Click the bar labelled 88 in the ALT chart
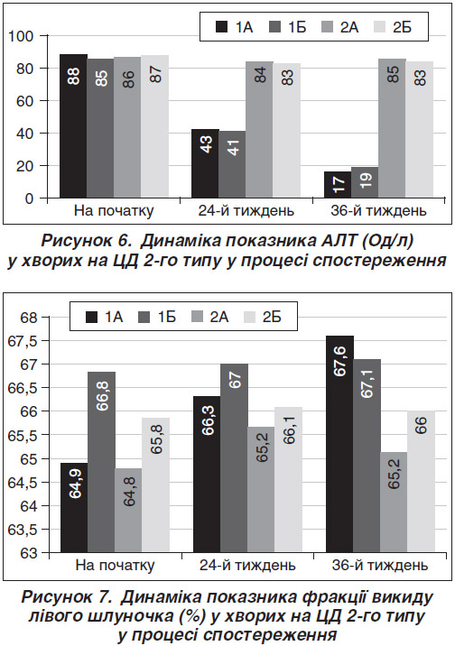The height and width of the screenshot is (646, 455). click(73, 126)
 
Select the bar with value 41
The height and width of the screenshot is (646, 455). click(232, 164)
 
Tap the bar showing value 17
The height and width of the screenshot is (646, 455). click(338, 185)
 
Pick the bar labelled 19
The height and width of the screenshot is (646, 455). click(365, 182)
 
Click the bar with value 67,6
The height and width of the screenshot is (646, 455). click(339, 444)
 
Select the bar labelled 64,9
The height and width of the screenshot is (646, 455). click(74, 508)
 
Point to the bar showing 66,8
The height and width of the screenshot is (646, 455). click(101, 462)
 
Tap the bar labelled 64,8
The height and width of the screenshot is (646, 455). click(128, 511)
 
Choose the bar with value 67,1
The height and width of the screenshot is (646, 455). click(367, 456)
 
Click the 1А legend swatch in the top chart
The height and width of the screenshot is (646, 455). click(222, 27)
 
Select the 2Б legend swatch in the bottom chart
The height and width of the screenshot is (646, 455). click(250, 318)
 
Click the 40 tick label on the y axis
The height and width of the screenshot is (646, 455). click(24, 133)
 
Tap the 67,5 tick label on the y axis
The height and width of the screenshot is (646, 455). click(23, 341)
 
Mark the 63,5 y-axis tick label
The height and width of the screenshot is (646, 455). click(23, 530)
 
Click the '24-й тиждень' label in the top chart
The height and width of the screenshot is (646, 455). click(246, 211)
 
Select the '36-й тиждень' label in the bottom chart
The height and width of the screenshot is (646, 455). click(380, 565)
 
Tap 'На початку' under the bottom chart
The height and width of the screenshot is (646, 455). click(115, 565)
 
